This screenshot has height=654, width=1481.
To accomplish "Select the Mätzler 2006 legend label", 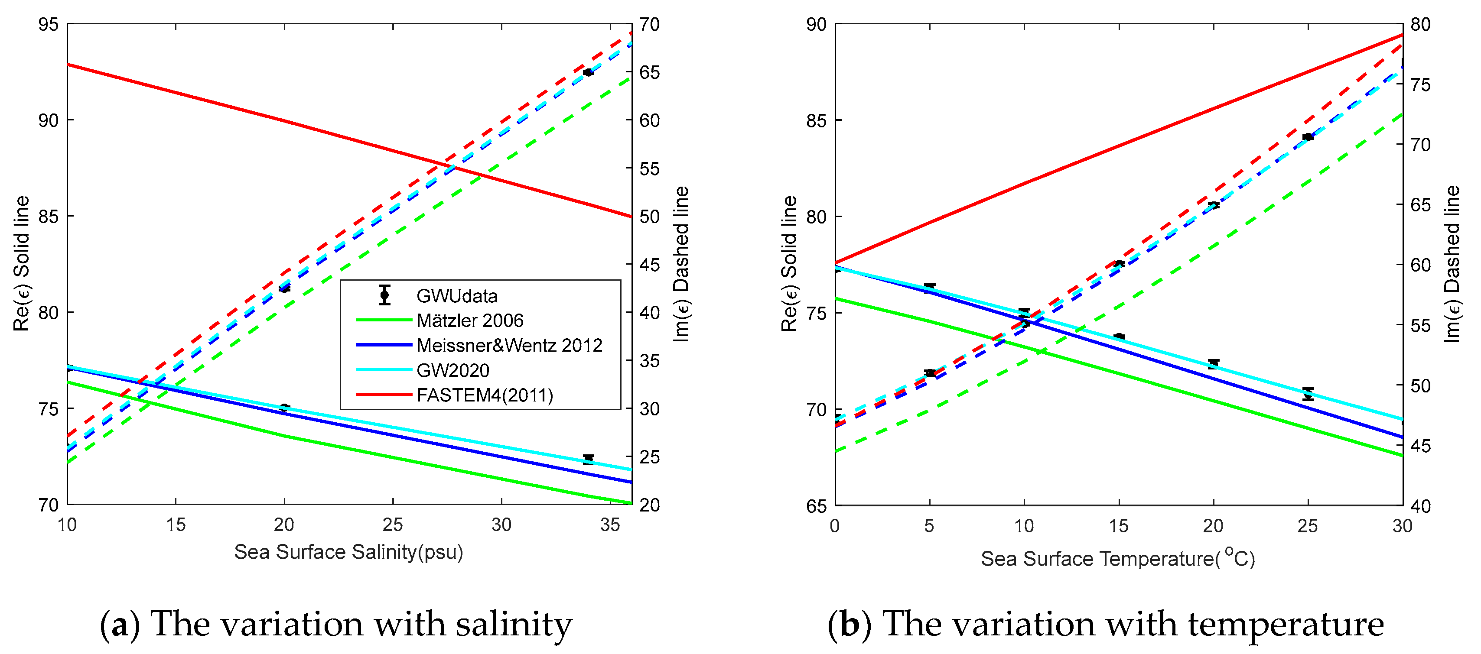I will pos(470,321).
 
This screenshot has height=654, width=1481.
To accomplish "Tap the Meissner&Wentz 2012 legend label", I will pos(509,345).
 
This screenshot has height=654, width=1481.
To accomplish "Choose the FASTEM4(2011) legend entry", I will pos(484,395).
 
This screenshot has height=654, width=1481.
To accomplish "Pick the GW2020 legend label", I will pos(452,371).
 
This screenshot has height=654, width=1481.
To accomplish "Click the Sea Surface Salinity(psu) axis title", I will pos(348,552).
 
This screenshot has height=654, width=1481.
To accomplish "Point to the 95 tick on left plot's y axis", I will pos(48,25).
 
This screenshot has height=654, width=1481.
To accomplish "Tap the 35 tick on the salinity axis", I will pos(609,524).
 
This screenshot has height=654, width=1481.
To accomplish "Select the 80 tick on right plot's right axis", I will pos(1420,25).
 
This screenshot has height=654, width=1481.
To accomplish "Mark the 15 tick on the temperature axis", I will pos(1118,526).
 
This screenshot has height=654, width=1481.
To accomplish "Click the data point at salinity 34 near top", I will pos(588,72).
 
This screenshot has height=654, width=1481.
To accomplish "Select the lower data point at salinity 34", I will pos(588,459).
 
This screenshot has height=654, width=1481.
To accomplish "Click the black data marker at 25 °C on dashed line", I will pos(1308,137).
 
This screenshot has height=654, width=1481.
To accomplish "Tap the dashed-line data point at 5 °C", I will pos(930,373).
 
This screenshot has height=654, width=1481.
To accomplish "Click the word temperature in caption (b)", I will pos(1286,625).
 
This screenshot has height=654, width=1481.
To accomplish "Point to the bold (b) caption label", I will pos(849,625).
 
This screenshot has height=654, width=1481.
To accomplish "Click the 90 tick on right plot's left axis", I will pos(817,25).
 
